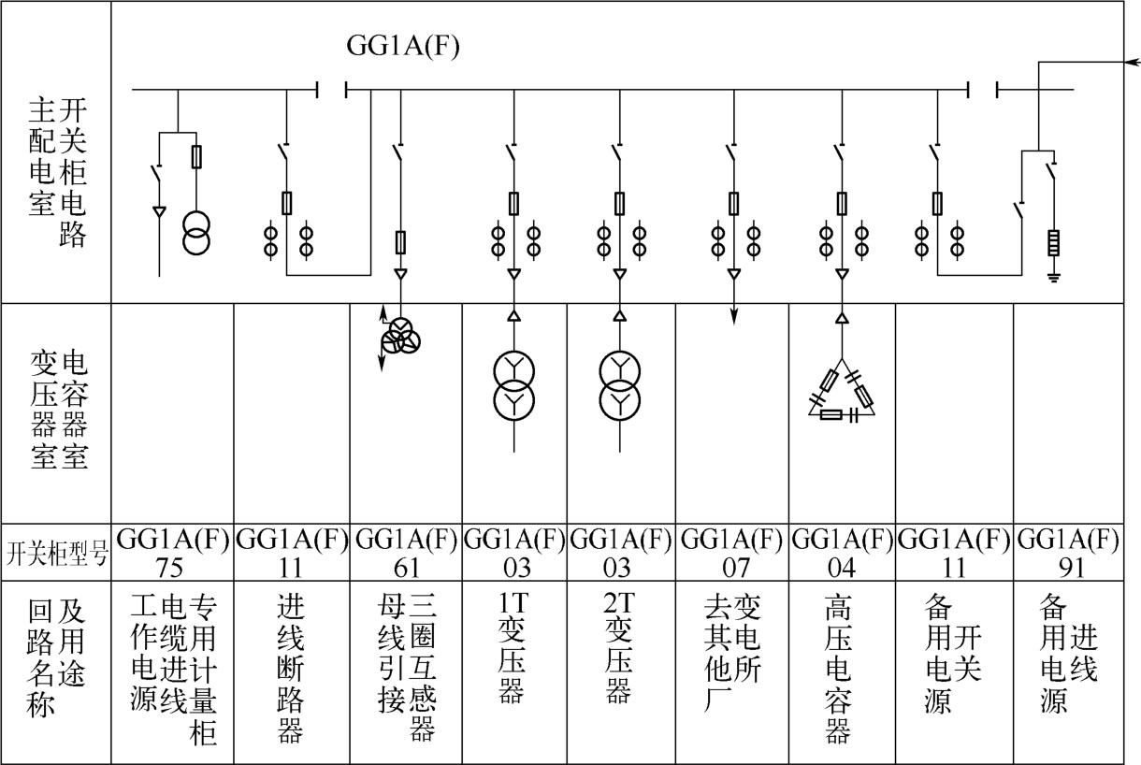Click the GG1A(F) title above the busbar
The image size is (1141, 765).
coord(403,47)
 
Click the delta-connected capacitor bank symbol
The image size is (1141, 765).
coord(842,393)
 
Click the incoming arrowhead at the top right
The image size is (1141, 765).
coord(1131,63)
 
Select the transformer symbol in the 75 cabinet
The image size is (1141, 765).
coord(196,233)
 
